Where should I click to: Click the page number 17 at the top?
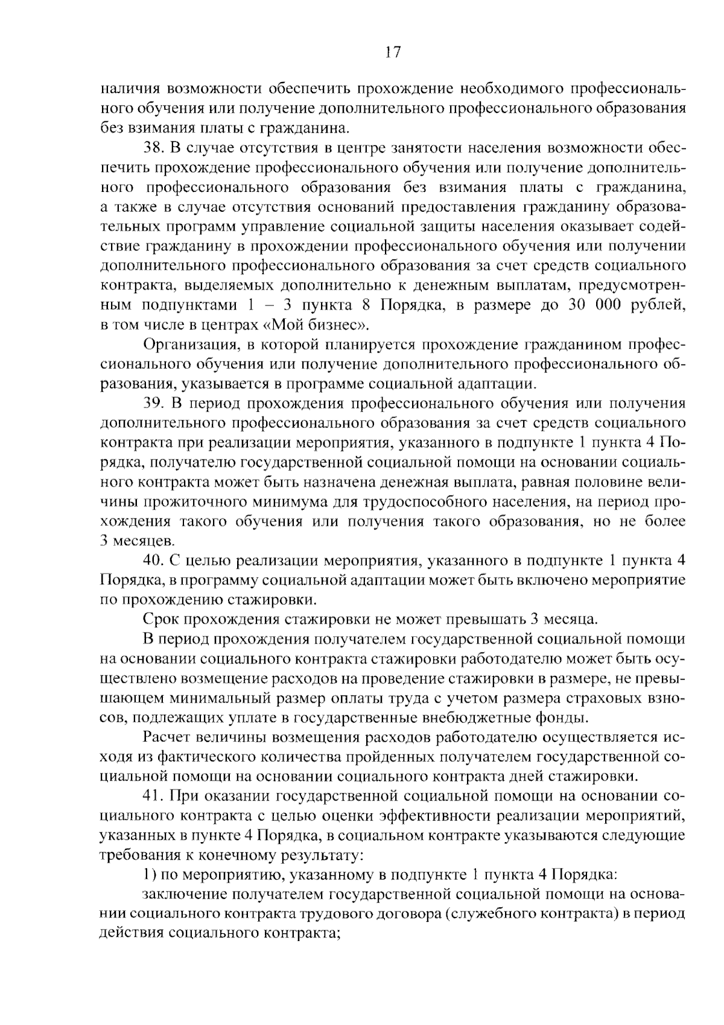click(x=392, y=53)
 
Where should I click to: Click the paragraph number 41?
click(x=154, y=797)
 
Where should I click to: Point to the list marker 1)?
click(x=150, y=875)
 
